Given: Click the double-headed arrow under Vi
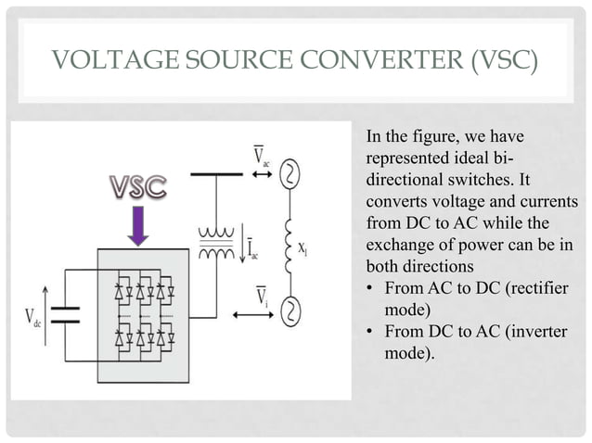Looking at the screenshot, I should click(255, 315).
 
